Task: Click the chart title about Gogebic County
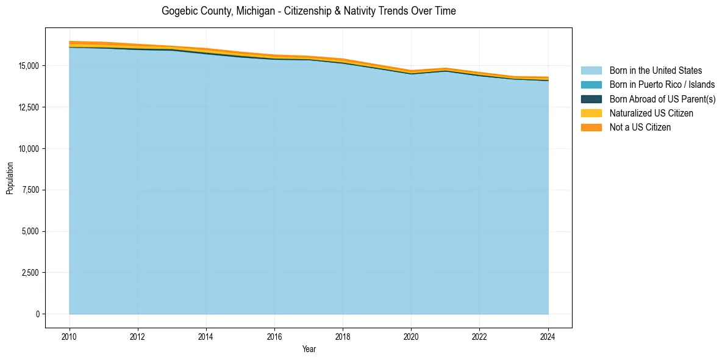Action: pos(309,11)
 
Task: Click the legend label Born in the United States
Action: pos(655,71)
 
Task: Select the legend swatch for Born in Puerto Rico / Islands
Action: pos(591,85)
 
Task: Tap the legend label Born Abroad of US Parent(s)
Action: pos(662,99)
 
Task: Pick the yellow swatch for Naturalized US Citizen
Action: pos(591,113)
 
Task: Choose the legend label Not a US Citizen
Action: pos(640,128)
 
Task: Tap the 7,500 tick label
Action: pos(29,190)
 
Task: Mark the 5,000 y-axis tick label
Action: pos(29,231)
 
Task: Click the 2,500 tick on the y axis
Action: pos(29,273)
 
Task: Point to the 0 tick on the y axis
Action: pos(37,314)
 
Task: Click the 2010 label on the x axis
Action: pos(70,336)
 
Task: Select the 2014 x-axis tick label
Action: pos(206,336)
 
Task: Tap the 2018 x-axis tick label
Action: pos(343,336)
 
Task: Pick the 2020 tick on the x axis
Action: pos(411,336)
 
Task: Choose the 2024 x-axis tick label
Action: pos(548,336)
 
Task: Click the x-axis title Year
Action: pos(309,349)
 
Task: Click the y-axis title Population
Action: pos(10,178)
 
